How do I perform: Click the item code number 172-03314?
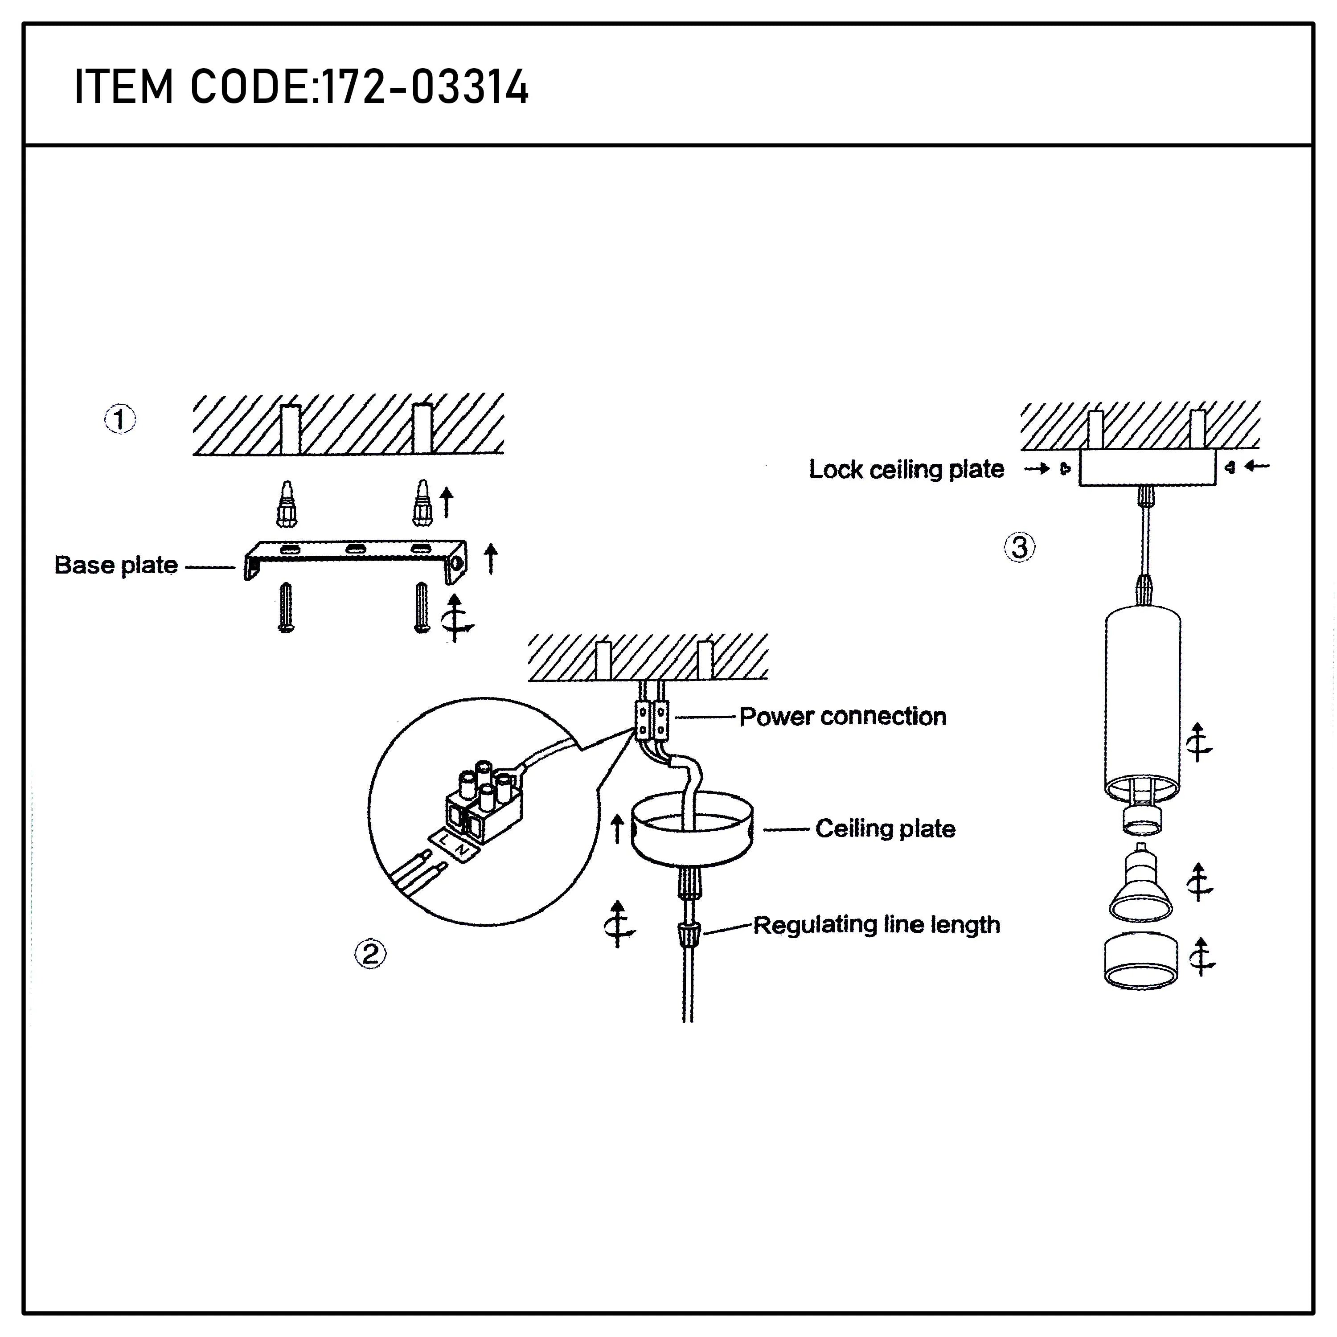pyautogui.click(x=426, y=88)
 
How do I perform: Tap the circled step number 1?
pyautogui.click(x=120, y=418)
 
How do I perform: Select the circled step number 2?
pyautogui.click(x=370, y=954)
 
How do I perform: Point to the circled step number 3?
pyautogui.click(x=1019, y=547)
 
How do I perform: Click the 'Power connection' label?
pyautogui.click(x=842, y=716)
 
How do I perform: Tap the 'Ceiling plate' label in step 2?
pyautogui.click(x=885, y=828)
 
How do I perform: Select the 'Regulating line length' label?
pyautogui.click(x=876, y=925)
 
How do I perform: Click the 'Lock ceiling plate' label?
pyautogui.click(x=906, y=469)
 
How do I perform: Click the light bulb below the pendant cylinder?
pyautogui.click(x=1140, y=886)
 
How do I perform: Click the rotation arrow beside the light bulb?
pyautogui.click(x=1200, y=882)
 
